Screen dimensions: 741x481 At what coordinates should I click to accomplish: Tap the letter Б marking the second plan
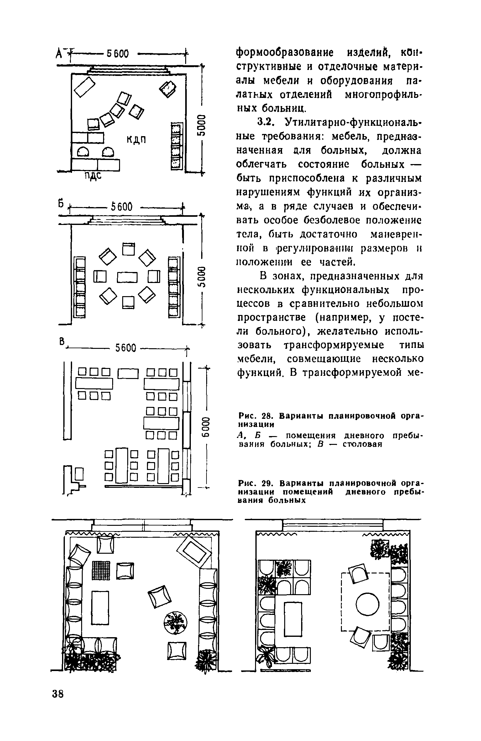click(61, 203)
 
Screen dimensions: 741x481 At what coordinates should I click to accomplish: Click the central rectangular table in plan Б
click(128, 277)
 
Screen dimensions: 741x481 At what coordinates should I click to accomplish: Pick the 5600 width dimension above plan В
click(126, 348)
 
